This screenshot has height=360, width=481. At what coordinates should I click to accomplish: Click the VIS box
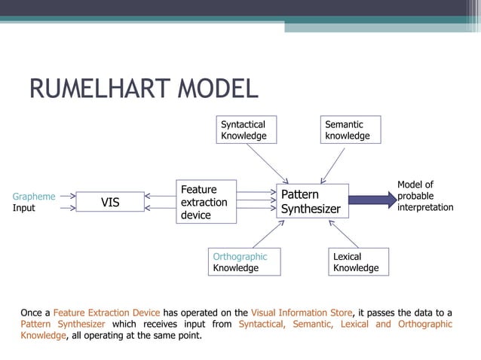click(110, 201)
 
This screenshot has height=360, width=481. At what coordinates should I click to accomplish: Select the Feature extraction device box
click(206, 202)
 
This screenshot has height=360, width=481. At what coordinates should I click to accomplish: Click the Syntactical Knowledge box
click(244, 130)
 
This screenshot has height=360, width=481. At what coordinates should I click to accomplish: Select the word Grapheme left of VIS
click(34, 197)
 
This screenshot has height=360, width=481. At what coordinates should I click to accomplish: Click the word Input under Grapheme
click(24, 208)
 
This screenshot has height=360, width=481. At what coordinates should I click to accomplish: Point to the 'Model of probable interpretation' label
click(425, 196)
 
